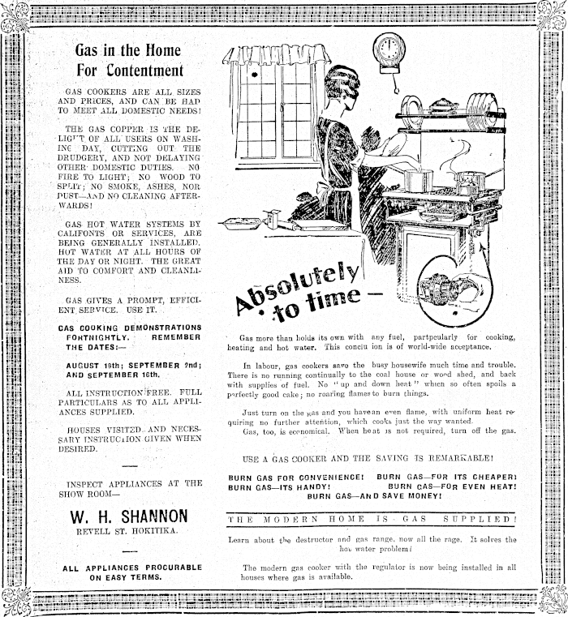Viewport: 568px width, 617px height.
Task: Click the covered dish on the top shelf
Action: tap(443, 105)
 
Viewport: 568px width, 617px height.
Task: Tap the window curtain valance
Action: tap(278, 54)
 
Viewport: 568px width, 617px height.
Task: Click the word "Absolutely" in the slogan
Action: tap(298, 283)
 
